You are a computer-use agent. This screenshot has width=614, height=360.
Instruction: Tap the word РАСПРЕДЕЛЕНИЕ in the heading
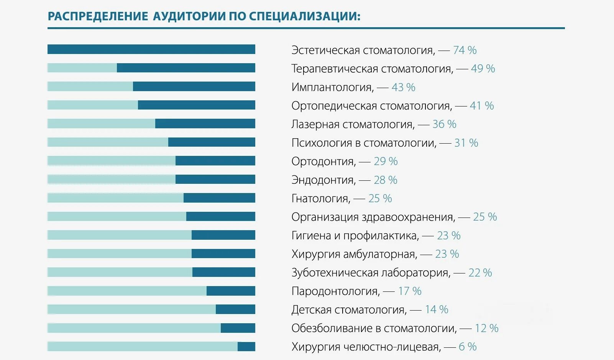pyautogui.click(x=98, y=16)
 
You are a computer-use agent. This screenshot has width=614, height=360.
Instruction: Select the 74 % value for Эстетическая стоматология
pyautogui.click(x=465, y=50)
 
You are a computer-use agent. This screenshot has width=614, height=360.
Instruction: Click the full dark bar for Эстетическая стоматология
pyautogui.click(x=151, y=49)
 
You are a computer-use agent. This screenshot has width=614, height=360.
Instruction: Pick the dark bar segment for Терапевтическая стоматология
pyautogui.click(x=186, y=68)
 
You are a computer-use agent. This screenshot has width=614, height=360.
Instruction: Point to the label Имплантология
pyautogui.click(x=332, y=87)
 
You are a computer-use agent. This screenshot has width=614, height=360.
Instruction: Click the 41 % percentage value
pyautogui.click(x=482, y=106)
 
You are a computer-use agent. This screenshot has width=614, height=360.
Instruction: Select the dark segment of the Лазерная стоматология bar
pyautogui.click(x=205, y=124)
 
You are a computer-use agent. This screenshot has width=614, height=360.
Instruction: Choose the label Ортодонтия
pyautogui.click(x=323, y=162)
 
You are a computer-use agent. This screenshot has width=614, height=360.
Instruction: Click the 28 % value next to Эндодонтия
pyautogui.click(x=385, y=180)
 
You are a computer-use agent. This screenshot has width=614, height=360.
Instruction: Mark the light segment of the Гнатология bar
pyautogui.click(x=115, y=198)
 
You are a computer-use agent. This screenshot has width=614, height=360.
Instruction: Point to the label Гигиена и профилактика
pyautogui.click(x=355, y=236)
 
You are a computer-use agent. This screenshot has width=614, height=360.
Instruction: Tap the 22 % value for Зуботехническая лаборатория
pyautogui.click(x=480, y=273)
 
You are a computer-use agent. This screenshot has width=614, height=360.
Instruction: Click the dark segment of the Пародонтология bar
pyautogui.click(x=231, y=291)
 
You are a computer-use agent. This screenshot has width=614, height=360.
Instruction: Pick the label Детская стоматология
pyautogui.click(x=348, y=310)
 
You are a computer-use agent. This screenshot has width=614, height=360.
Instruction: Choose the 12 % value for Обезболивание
pyautogui.click(x=486, y=328)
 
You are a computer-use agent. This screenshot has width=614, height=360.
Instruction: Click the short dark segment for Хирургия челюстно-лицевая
pyautogui.click(x=246, y=347)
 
